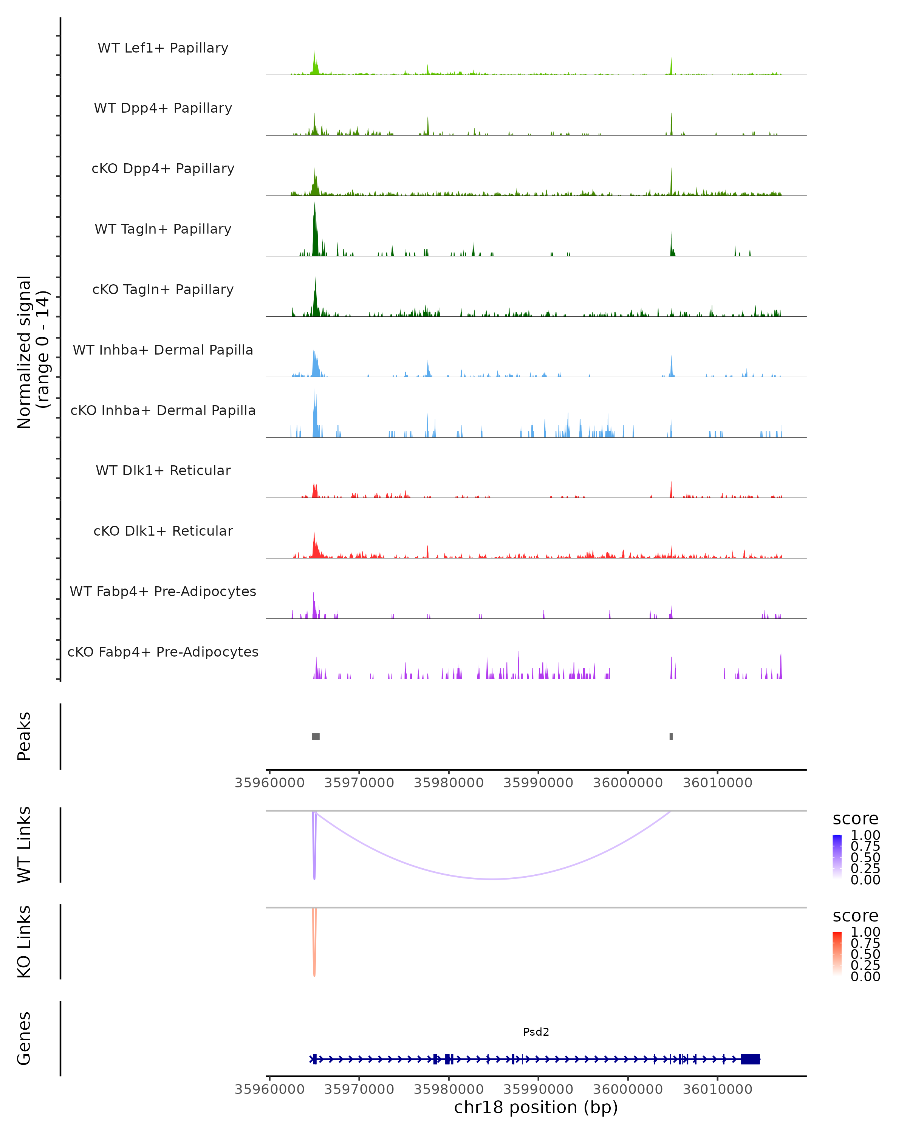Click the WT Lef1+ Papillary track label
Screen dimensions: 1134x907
(163, 48)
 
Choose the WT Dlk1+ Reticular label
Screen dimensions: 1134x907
(163, 470)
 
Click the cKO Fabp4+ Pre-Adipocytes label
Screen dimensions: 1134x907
(163, 652)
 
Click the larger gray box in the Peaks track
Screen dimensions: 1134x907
(316, 736)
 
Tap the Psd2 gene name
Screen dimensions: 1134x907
(536, 1032)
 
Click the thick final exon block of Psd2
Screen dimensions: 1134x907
(750, 1059)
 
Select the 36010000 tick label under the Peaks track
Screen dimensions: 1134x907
(717, 783)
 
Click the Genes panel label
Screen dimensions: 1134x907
(24, 1038)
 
